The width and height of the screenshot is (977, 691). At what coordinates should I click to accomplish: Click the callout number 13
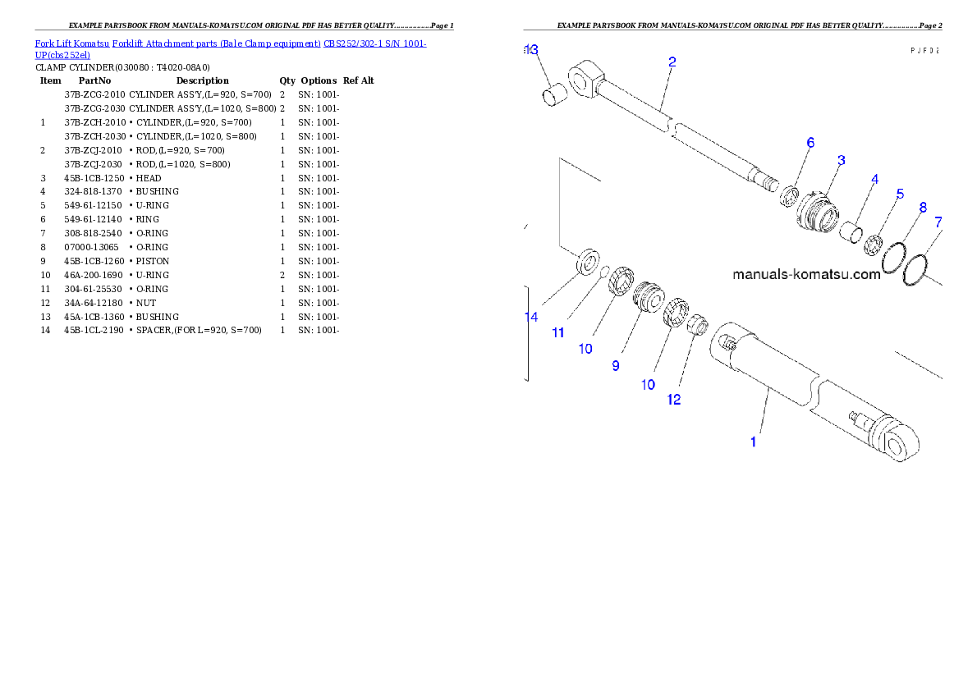point(532,50)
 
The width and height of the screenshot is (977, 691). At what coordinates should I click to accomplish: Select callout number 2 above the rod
point(672,62)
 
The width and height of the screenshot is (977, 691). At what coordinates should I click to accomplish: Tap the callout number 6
point(810,143)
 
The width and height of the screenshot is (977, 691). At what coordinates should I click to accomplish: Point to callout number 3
point(842,160)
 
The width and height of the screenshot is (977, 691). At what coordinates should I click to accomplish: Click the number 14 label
point(532,317)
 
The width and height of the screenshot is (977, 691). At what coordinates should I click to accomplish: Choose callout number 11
point(558,332)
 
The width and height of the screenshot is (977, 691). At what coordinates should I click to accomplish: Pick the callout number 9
point(616,365)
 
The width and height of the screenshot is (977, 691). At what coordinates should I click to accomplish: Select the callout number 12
point(673,400)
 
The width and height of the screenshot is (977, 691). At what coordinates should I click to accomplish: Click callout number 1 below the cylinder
point(753,442)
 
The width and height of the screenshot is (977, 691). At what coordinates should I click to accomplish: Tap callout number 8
point(923,208)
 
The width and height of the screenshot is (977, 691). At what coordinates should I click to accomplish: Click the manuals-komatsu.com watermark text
point(806,274)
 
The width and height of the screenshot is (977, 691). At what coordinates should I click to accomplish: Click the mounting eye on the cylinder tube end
point(897,446)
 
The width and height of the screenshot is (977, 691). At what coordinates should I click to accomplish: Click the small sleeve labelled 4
point(851,230)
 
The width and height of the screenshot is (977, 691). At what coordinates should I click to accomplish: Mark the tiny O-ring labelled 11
point(603,271)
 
